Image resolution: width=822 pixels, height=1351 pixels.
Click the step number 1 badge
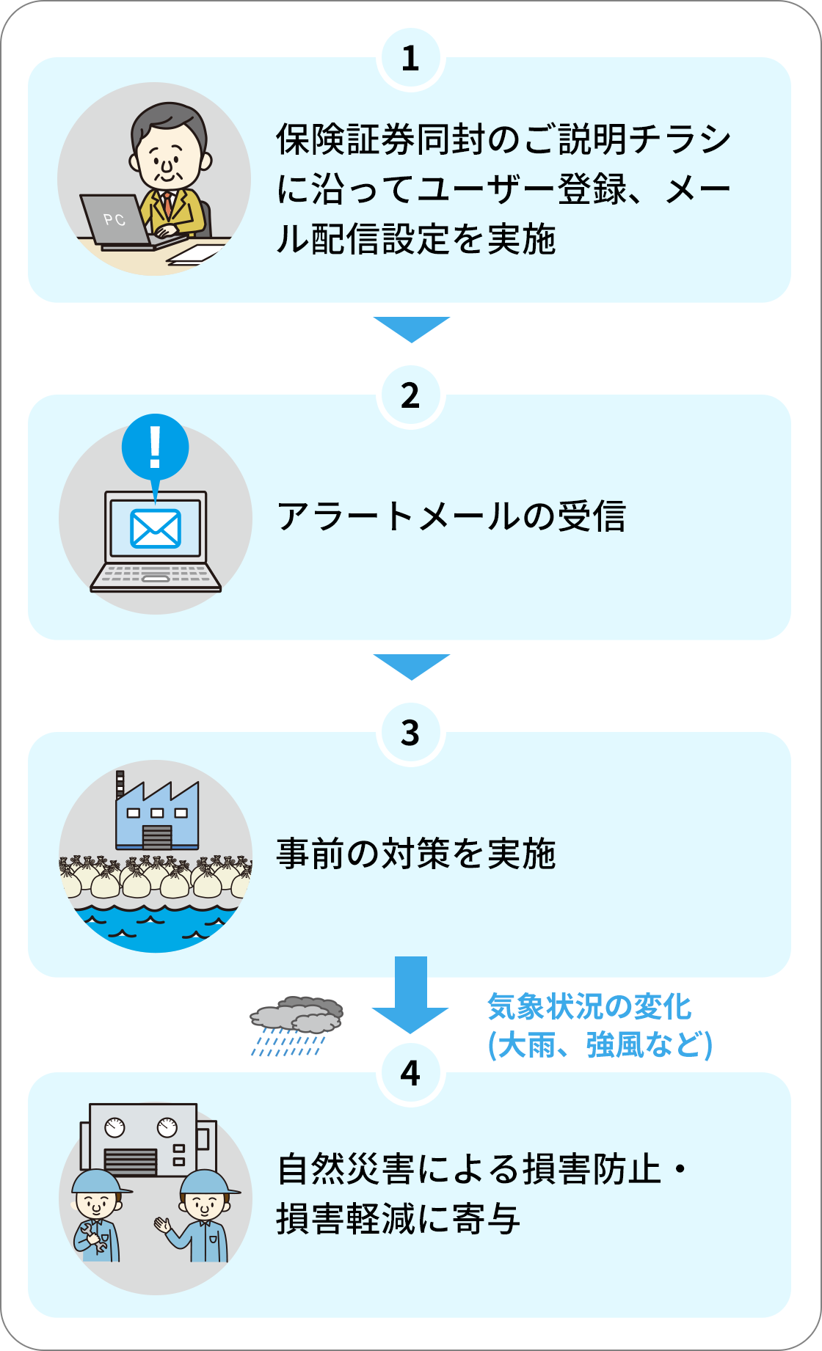[x=410, y=59]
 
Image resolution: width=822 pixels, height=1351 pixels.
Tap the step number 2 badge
[x=410, y=396]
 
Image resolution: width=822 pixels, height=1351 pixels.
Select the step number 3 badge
[x=410, y=733]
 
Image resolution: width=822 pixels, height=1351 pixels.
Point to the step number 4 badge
[x=410, y=1073]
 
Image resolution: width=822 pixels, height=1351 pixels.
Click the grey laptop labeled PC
[x=117, y=220]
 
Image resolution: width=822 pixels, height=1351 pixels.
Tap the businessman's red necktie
[x=168, y=204]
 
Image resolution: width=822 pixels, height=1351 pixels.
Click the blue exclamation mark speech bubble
[x=155, y=447]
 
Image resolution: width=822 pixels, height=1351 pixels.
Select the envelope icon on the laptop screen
[x=156, y=528]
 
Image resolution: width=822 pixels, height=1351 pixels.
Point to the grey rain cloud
[x=297, y=1015]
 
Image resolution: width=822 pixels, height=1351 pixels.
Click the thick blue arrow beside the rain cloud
[x=410, y=994]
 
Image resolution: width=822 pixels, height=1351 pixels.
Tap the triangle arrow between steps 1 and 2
[x=411, y=329]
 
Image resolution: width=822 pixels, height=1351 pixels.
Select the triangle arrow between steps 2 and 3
[x=411, y=666]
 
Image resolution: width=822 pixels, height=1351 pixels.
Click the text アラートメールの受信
[x=451, y=516]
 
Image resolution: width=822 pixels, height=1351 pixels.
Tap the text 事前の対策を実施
[x=416, y=854]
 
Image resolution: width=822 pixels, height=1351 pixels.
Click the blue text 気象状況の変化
[x=589, y=1006]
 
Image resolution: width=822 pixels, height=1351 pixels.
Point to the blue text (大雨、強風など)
[x=600, y=1044]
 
